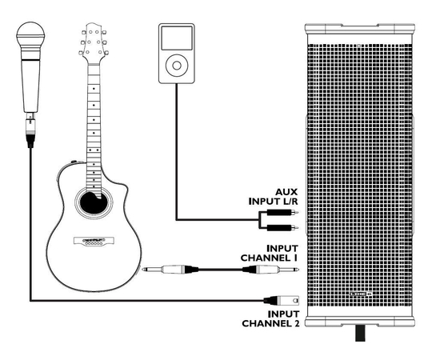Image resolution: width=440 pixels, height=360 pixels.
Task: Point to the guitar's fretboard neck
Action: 94,112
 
